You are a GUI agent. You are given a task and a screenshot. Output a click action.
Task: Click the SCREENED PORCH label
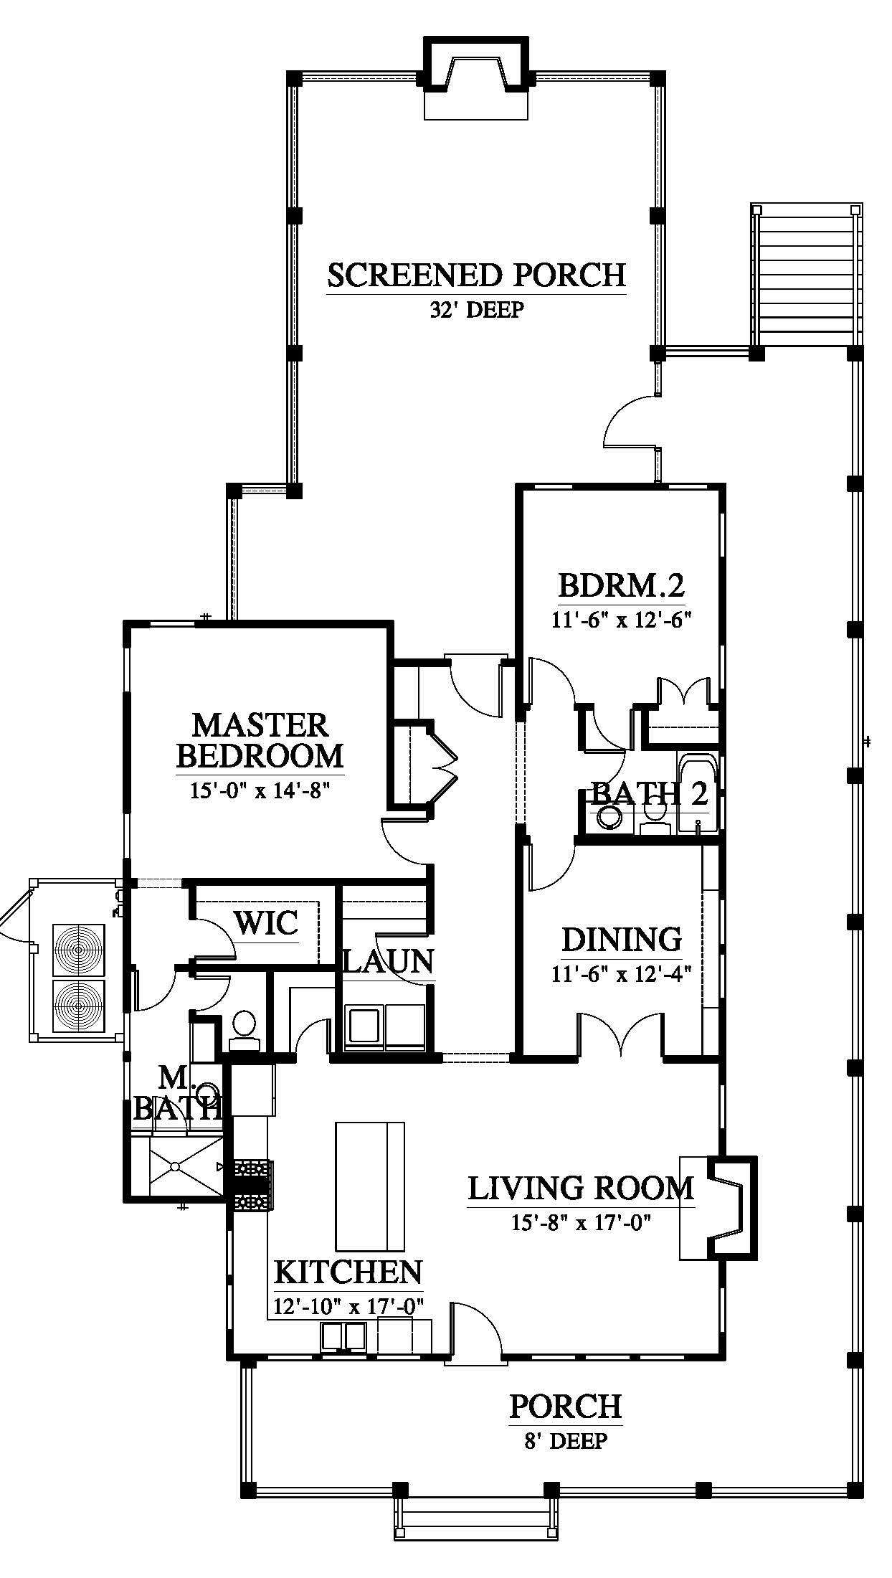(476, 275)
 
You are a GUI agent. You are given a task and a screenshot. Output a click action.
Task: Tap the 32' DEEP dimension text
(476, 311)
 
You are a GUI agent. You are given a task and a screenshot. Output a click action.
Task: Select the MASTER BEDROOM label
(260, 740)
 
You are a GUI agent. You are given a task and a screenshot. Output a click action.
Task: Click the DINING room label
(622, 939)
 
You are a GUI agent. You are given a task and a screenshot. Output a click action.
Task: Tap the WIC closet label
(267, 922)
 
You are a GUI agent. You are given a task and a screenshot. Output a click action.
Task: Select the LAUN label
(389, 961)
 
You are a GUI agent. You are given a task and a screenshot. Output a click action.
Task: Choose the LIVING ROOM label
(581, 1189)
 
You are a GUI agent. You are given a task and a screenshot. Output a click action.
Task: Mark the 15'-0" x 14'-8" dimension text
(260, 790)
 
